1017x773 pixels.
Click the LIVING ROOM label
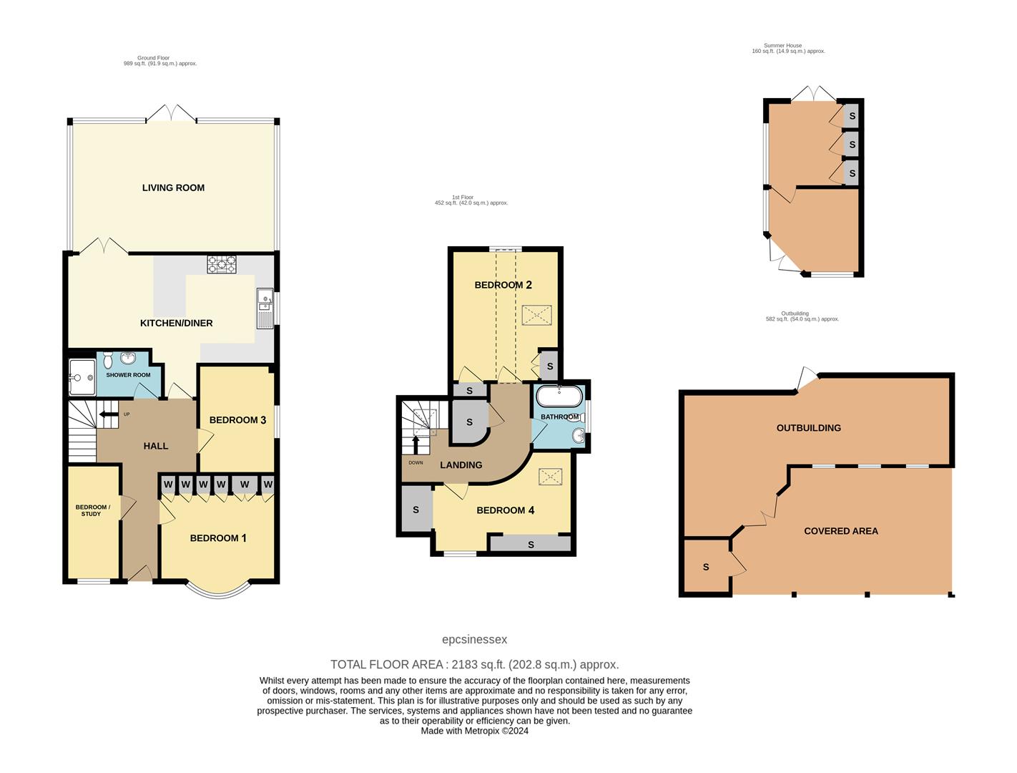173,188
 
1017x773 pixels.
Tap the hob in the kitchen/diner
222,264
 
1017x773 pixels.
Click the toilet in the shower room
109,360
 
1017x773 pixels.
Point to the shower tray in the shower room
82,377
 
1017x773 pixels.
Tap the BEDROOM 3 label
237,420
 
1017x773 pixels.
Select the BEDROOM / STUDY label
93,510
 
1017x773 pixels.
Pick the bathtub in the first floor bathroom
559,397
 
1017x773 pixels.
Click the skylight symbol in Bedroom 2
536,316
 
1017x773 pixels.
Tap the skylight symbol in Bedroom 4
550,477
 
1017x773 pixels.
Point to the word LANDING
461,465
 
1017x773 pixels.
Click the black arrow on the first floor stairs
416,444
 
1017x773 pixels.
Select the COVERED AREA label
841,531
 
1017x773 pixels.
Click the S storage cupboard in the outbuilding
706,567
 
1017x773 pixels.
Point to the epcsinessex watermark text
474,639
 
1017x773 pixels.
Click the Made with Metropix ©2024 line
474,731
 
